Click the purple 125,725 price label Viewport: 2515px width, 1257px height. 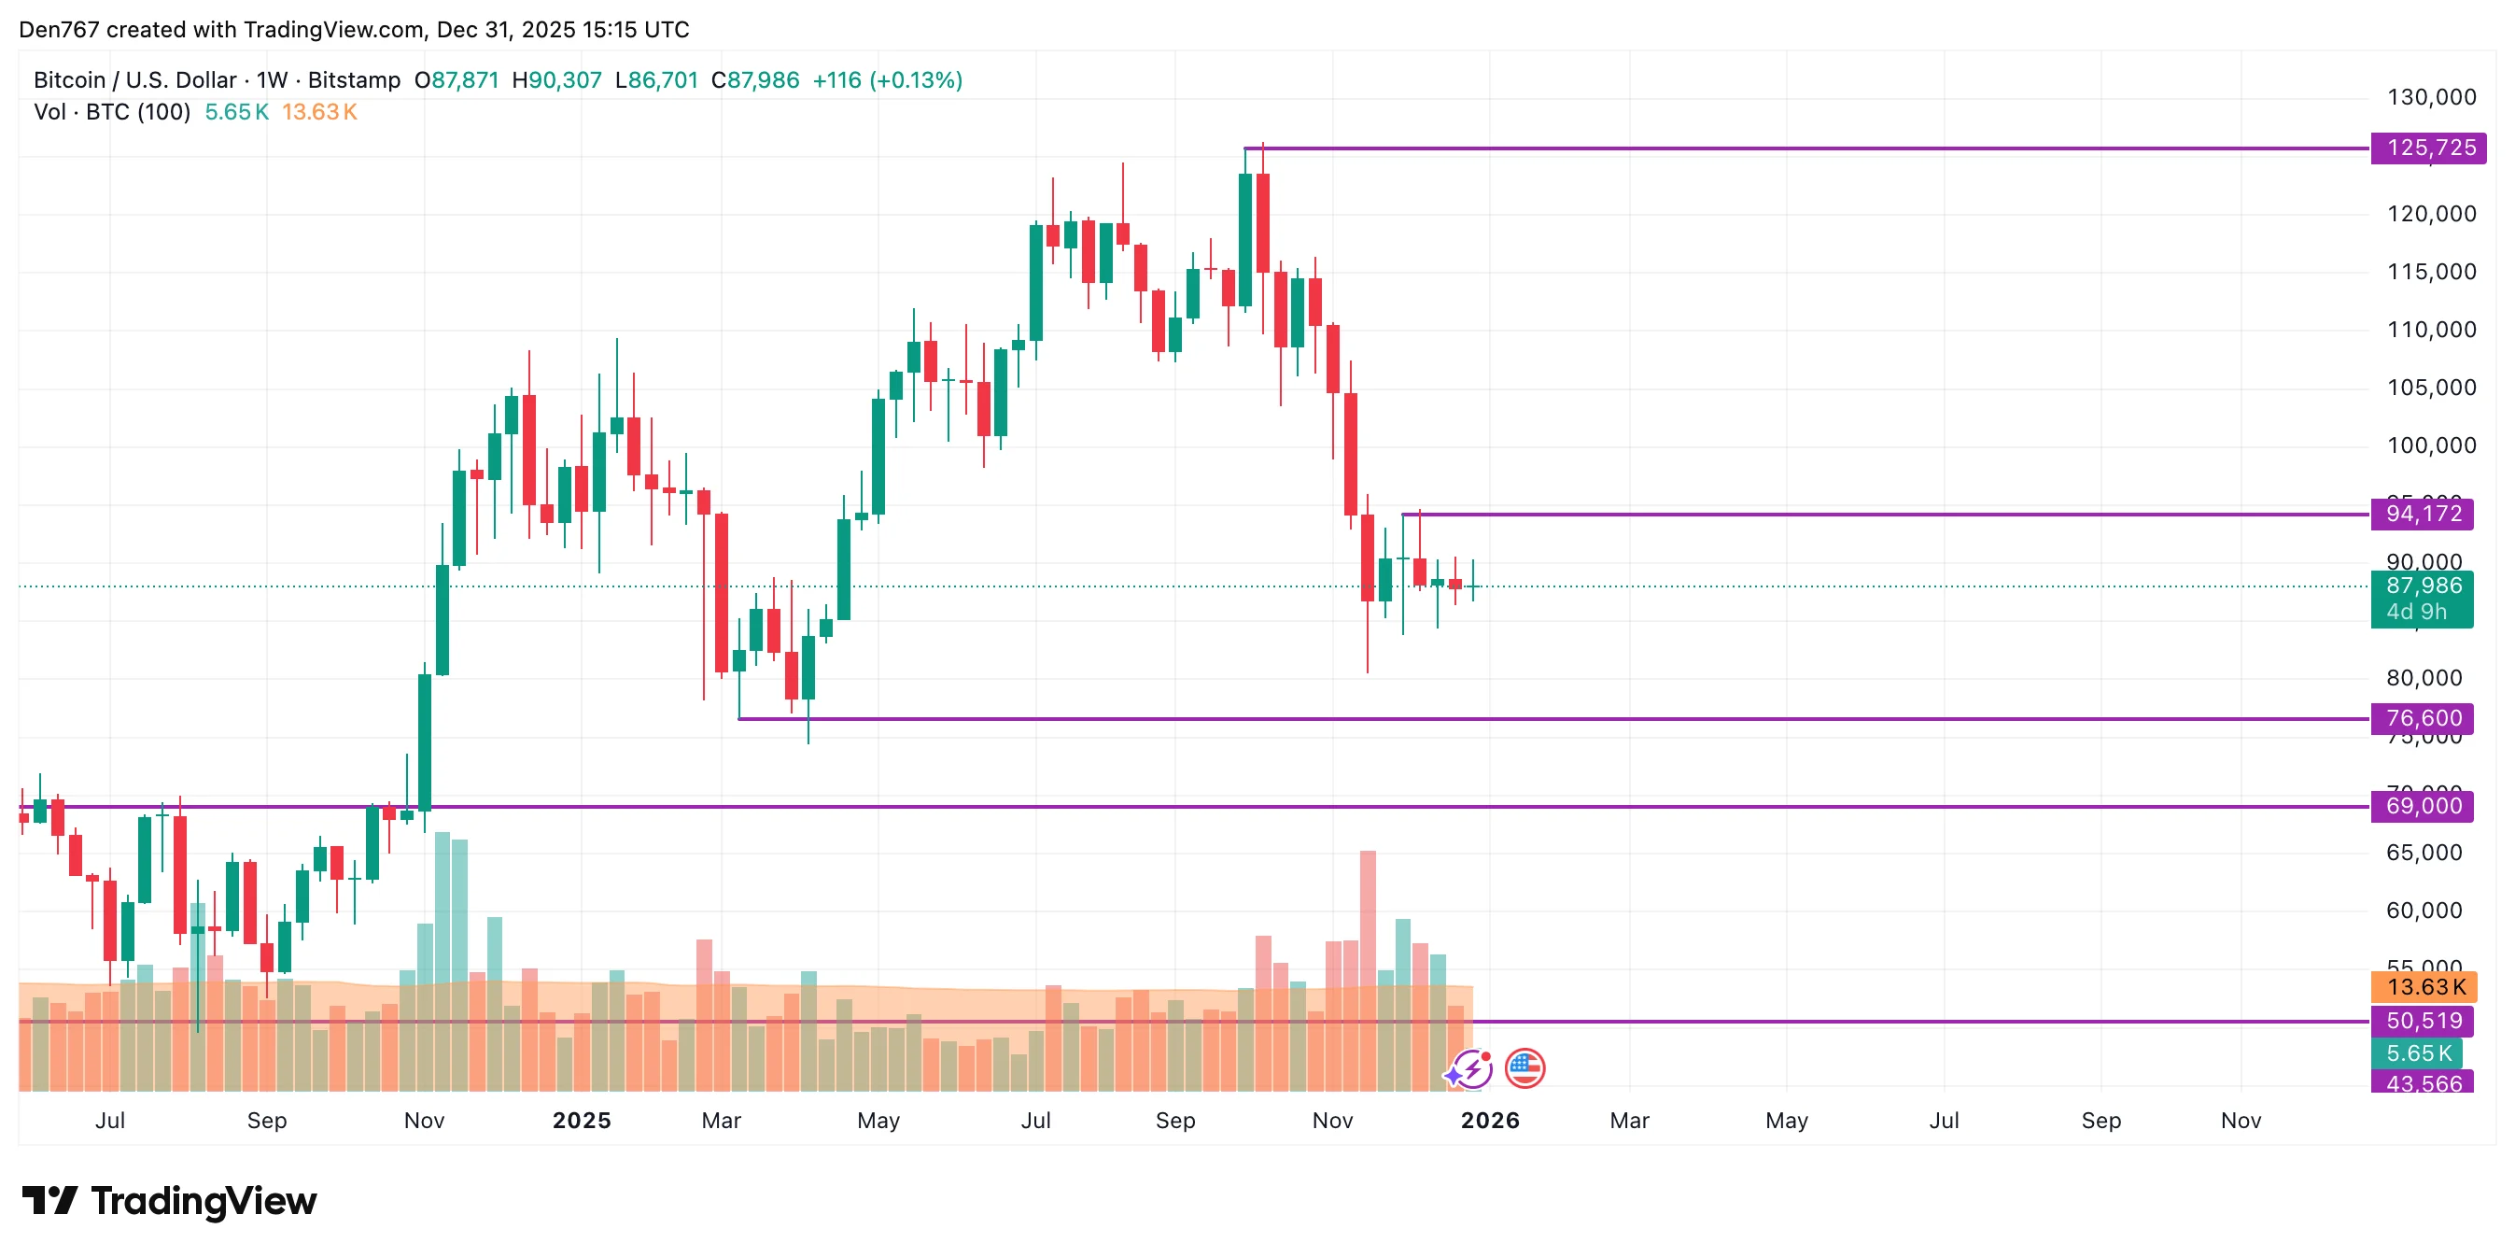coord(2429,148)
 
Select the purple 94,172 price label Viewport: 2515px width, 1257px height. coord(2423,514)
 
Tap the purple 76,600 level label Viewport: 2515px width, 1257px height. coord(2423,719)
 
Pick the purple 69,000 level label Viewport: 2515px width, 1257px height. coord(2423,807)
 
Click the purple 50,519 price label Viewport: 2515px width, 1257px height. coord(2423,1022)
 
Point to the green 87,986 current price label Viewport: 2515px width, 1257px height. coord(2423,587)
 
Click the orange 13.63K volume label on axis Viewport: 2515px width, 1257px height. coord(2424,987)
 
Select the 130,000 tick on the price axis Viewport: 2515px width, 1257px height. coord(2430,98)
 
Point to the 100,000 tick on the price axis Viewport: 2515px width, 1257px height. coord(2430,446)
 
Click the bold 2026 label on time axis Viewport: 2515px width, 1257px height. coord(1490,1122)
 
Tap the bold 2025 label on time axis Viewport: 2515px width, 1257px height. coord(582,1122)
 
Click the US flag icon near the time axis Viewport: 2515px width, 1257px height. coord(1525,1068)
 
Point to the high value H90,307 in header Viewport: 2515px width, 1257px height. coord(556,80)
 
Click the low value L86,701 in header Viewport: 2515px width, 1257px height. coord(656,80)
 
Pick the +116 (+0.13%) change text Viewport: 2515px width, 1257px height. coord(888,80)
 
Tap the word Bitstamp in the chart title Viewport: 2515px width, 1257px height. coord(355,80)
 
